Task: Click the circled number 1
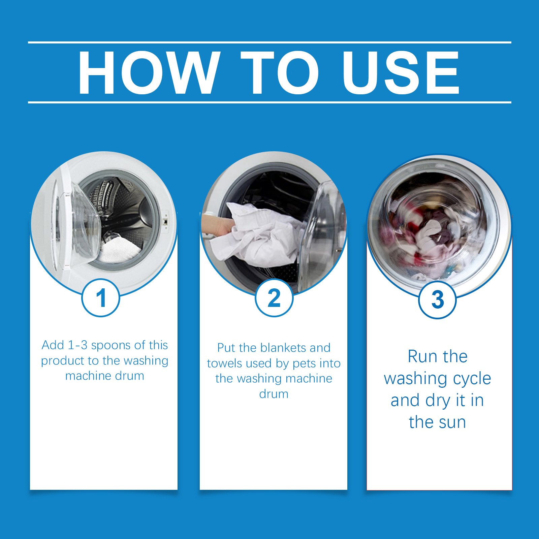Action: pos(101,298)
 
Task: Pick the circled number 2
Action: pos(274,298)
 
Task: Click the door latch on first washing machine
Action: pos(165,221)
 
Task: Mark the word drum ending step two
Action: pos(274,394)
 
